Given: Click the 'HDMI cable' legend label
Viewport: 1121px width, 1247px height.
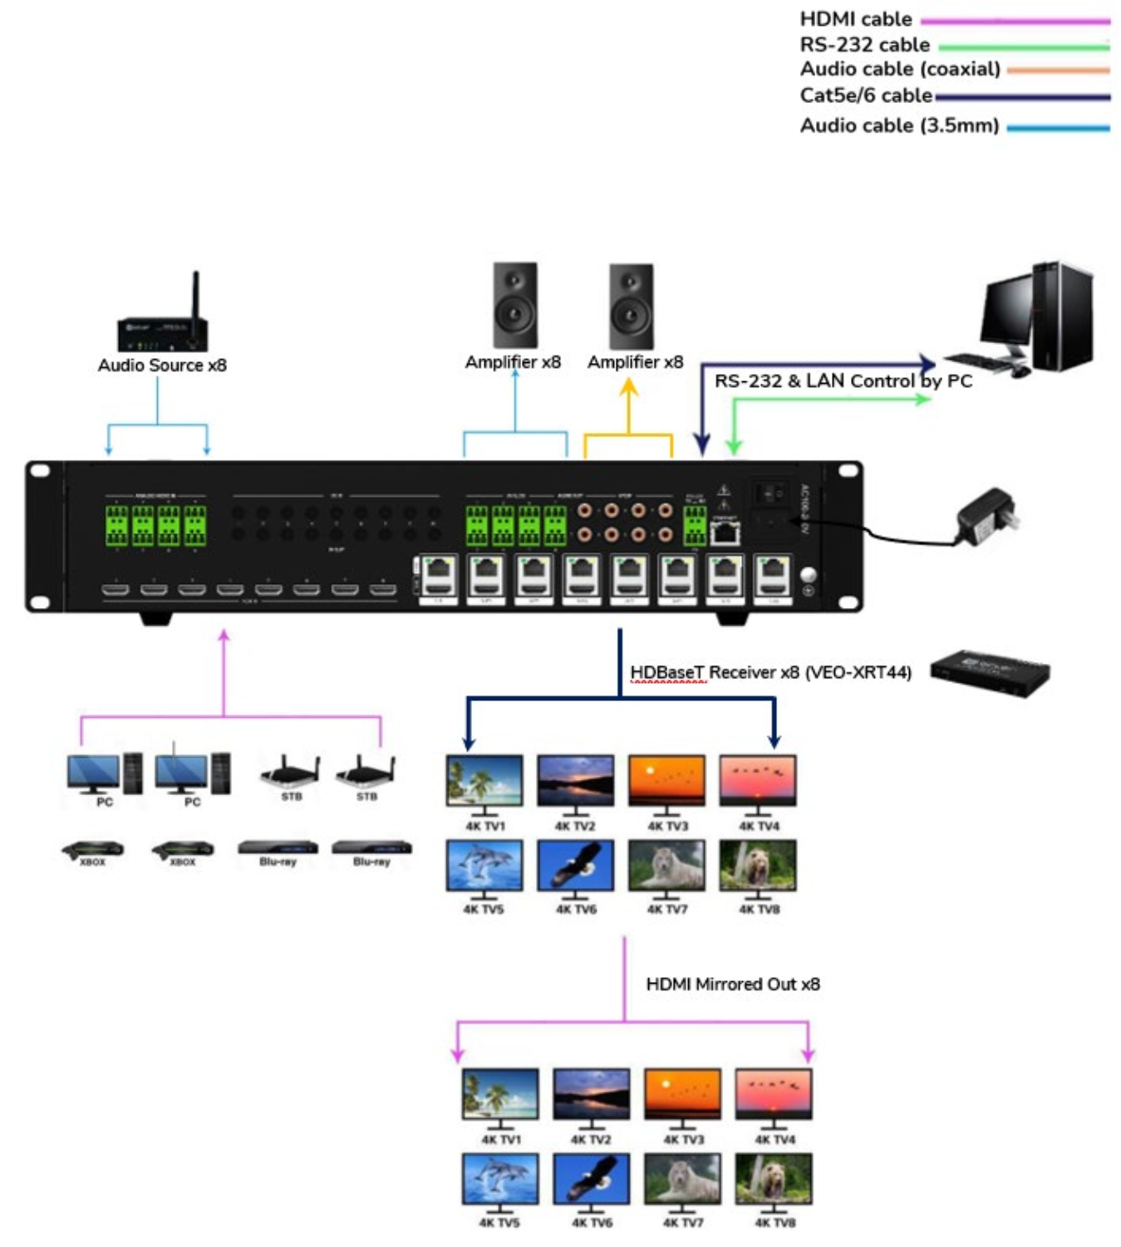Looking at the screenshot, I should pyautogui.click(x=855, y=19).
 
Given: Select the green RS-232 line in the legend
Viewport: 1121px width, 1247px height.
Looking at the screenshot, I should pyautogui.click(x=1023, y=47).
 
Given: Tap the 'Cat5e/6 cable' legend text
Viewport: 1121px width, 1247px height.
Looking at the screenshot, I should pyautogui.click(x=865, y=96).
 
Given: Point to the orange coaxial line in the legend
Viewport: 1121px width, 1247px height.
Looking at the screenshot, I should pyautogui.click(x=1057, y=71).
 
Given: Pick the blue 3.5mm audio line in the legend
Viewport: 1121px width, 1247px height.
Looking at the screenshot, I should pyautogui.click(x=1057, y=128).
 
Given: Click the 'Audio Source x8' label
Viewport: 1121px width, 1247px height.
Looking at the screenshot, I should pyautogui.click(x=162, y=366).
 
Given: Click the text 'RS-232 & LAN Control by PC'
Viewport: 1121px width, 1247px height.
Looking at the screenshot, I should pyautogui.click(x=843, y=381).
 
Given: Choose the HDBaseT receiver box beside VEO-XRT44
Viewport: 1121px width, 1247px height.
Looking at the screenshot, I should pyautogui.click(x=989, y=673).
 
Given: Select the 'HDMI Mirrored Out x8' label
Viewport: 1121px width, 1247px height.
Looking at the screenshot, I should pyautogui.click(x=732, y=984).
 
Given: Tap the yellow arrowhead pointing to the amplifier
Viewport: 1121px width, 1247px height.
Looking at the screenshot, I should pyautogui.click(x=629, y=388).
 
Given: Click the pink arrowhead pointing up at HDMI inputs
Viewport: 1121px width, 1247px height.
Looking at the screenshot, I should pyautogui.click(x=224, y=636).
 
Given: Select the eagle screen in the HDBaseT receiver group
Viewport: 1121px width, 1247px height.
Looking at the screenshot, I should pyautogui.click(x=575, y=865).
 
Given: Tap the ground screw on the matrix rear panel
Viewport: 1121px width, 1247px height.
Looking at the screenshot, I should pyautogui.click(x=808, y=575).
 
